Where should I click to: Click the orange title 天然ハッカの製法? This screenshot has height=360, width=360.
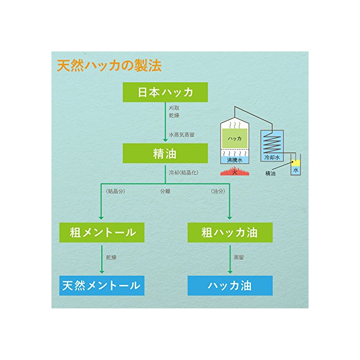[x=109, y=66]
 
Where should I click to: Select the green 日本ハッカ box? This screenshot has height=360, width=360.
[x=165, y=93]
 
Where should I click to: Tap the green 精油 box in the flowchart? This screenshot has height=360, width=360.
[x=165, y=153]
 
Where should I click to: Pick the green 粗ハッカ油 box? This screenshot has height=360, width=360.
[x=229, y=232]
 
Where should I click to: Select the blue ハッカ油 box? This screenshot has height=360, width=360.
[x=229, y=285]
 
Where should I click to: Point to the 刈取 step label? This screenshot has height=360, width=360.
[x=174, y=109]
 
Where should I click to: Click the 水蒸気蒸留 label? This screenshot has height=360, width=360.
[x=182, y=135]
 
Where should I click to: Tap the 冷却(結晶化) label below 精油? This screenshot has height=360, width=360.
[x=184, y=172]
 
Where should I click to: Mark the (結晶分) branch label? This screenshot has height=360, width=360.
[x=116, y=191]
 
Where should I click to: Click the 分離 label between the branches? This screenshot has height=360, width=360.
[x=165, y=191]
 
